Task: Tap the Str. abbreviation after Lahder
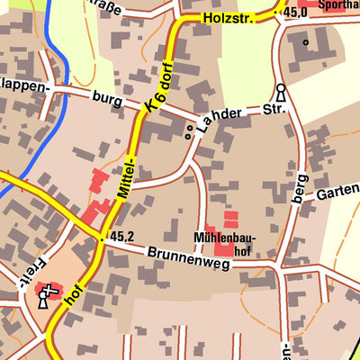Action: coord(274,109)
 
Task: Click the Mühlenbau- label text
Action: coord(222,239)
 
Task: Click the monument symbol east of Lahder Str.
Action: coord(281,93)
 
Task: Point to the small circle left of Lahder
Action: coord(188,135)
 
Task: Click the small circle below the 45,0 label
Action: coord(306,41)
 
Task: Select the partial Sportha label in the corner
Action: coord(335,5)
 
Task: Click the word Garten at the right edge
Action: coord(337,192)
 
